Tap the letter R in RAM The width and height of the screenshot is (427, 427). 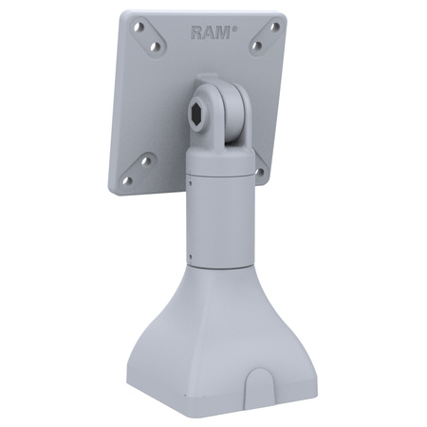(197, 32)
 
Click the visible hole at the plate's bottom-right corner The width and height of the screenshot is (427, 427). (259, 173)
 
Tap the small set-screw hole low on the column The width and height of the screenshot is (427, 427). (192, 253)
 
